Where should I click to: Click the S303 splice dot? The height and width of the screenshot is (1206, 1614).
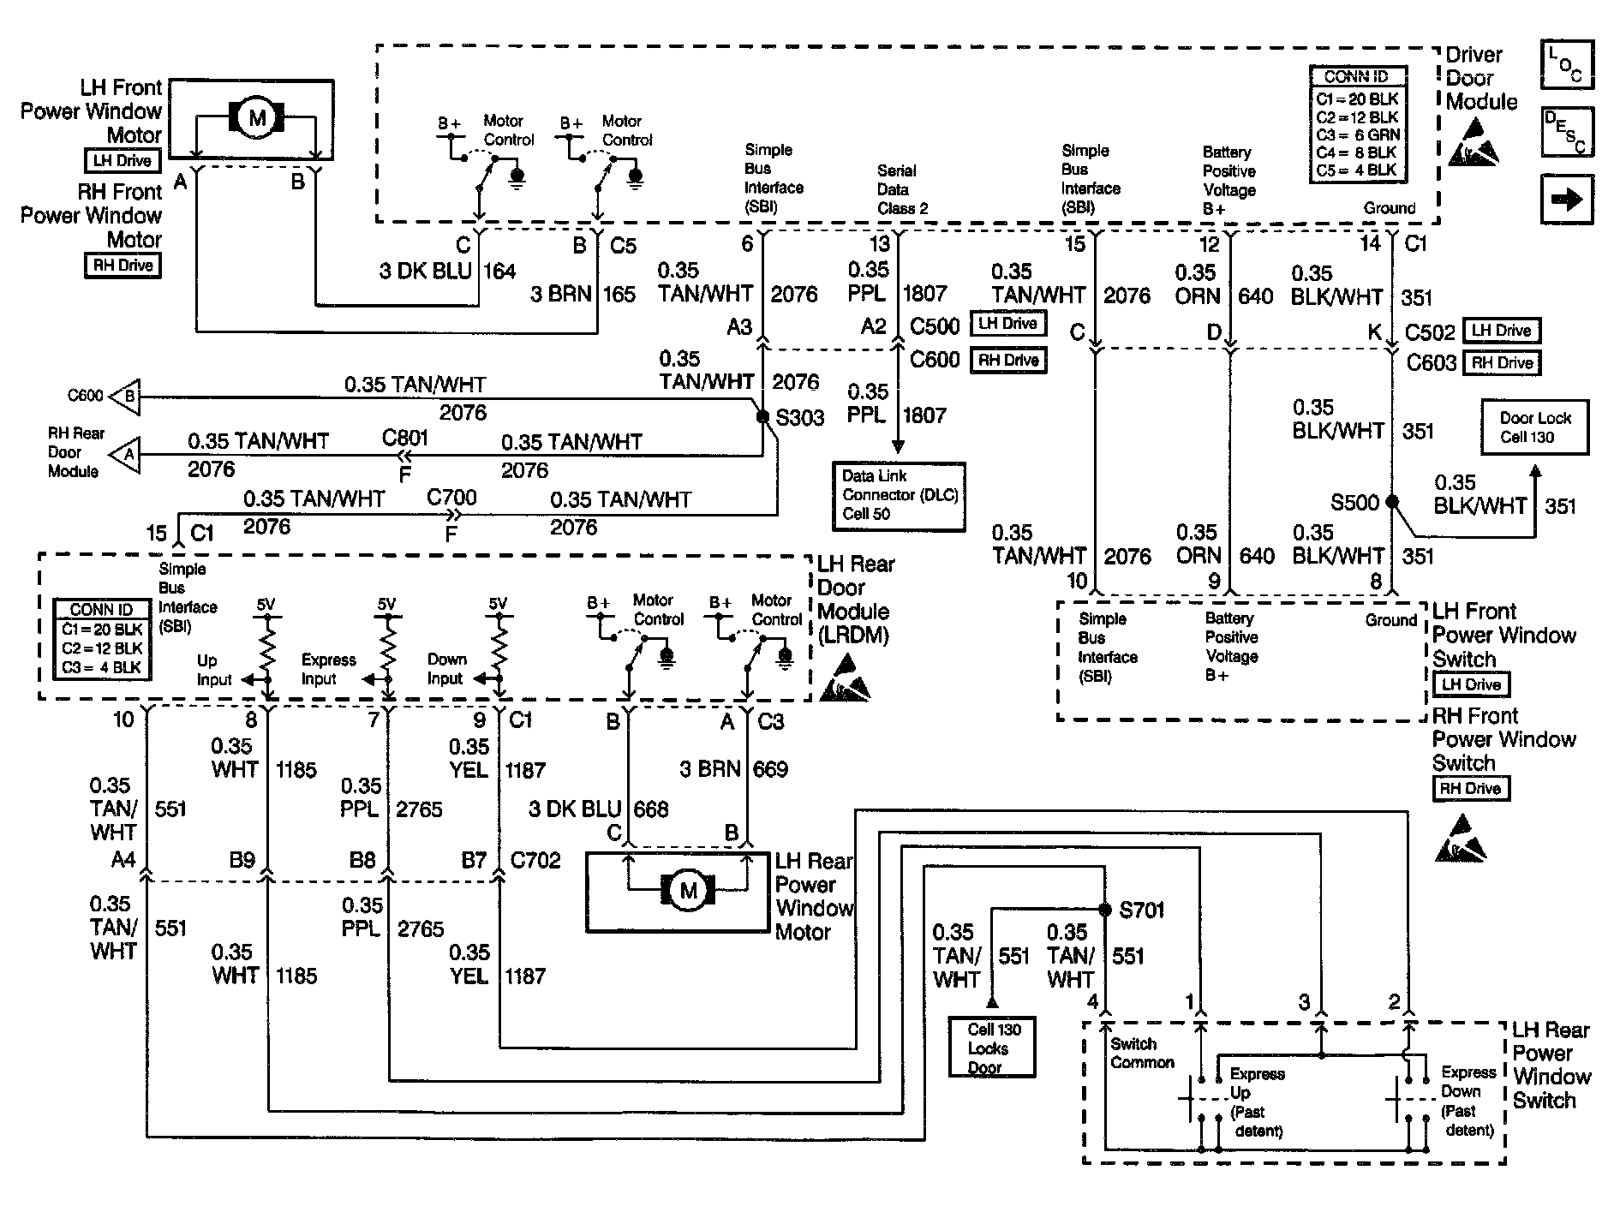[x=762, y=417]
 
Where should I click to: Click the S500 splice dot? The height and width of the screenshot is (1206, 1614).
[x=1392, y=501]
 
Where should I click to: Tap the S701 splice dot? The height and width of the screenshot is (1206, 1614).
[x=1105, y=909]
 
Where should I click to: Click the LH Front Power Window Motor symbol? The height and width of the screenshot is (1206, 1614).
[x=257, y=117]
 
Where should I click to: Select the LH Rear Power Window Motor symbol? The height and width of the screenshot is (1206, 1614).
[x=689, y=891]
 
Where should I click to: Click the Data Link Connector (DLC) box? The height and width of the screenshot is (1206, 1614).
[x=899, y=496]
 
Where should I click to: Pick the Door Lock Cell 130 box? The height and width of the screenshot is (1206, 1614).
[x=1534, y=427]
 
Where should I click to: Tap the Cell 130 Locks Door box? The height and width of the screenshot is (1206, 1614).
[x=992, y=1046]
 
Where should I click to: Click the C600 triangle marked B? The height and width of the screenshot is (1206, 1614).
[x=125, y=397]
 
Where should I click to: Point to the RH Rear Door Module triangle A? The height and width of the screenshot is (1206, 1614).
[x=125, y=453]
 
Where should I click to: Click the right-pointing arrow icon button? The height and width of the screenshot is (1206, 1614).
[x=1567, y=200]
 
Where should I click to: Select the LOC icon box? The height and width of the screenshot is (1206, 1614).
[x=1567, y=64]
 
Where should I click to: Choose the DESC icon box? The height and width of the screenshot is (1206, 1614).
[x=1567, y=132]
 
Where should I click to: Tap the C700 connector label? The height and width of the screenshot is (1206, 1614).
[x=451, y=498]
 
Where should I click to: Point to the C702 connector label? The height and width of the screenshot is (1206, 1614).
[x=535, y=859]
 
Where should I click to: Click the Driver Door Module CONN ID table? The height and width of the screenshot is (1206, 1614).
[x=1358, y=124]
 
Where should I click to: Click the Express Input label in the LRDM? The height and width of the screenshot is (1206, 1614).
[x=328, y=669]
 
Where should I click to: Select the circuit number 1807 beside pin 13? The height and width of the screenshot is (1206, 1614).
[x=924, y=293]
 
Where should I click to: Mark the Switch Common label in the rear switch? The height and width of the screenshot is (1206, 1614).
[x=1142, y=1053]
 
